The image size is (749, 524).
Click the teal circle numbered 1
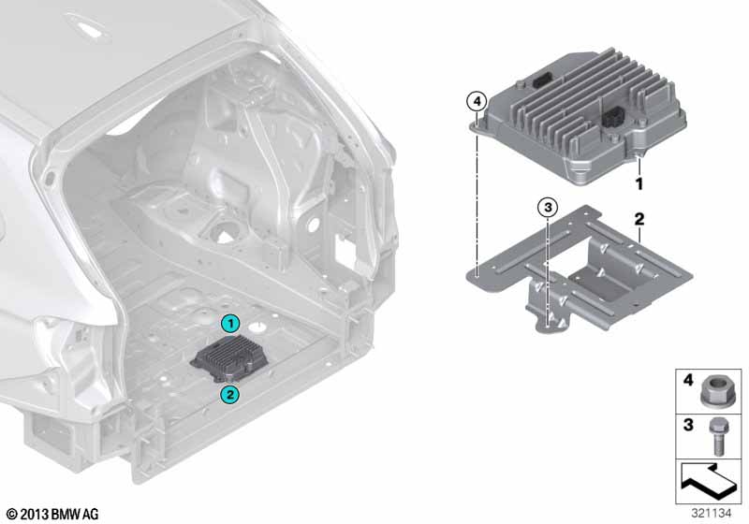pos(230,324)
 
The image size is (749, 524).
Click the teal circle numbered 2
pos(229,395)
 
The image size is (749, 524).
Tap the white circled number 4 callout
pos(477,101)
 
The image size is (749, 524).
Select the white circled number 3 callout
pos(548,208)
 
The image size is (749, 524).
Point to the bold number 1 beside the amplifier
pos(639,183)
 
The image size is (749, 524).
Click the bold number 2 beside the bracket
pos(639,219)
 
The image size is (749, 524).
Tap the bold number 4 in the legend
pos(688,380)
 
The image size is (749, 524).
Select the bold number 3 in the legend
pos(688,425)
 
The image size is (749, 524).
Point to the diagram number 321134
pos(712,514)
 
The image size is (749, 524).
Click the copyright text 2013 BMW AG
pos(53,514)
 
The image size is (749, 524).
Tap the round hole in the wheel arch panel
pos(313,224)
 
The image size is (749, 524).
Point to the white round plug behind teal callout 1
pos(259,327)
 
